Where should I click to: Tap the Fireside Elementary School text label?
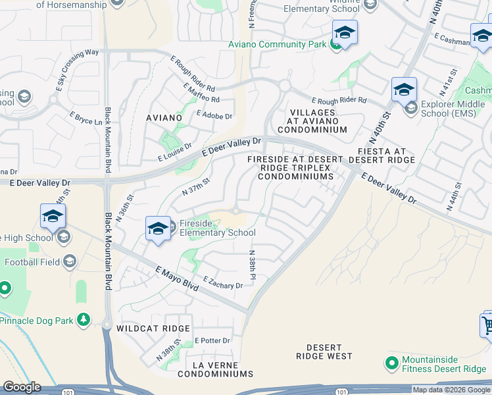(x=218, y=228)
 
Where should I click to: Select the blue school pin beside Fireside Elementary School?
(x=158, y=228)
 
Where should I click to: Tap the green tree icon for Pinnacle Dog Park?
(x=83, y=320)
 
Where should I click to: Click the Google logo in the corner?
(x=21, y=387)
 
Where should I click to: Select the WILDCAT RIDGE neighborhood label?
(x=153, y=328)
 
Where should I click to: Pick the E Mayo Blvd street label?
(x=177, y=276)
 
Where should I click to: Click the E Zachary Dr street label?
(x=224, y=282)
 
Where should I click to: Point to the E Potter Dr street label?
(x=212, y=340)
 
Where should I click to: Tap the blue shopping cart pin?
(x=487, y=325)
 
